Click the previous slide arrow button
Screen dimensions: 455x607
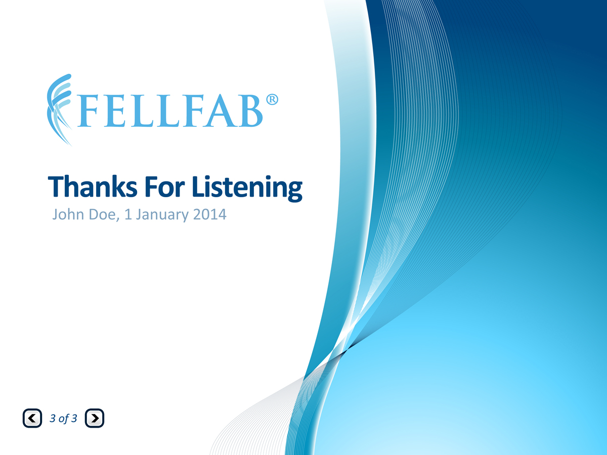point(32,418)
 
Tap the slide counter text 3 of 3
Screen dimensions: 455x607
point(64,419)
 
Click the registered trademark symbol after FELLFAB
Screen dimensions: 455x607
point(272,100)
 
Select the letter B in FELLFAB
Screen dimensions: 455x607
point(250,112)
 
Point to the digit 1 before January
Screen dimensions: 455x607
point(128,215)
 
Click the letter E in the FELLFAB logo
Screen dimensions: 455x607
point(116,112)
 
